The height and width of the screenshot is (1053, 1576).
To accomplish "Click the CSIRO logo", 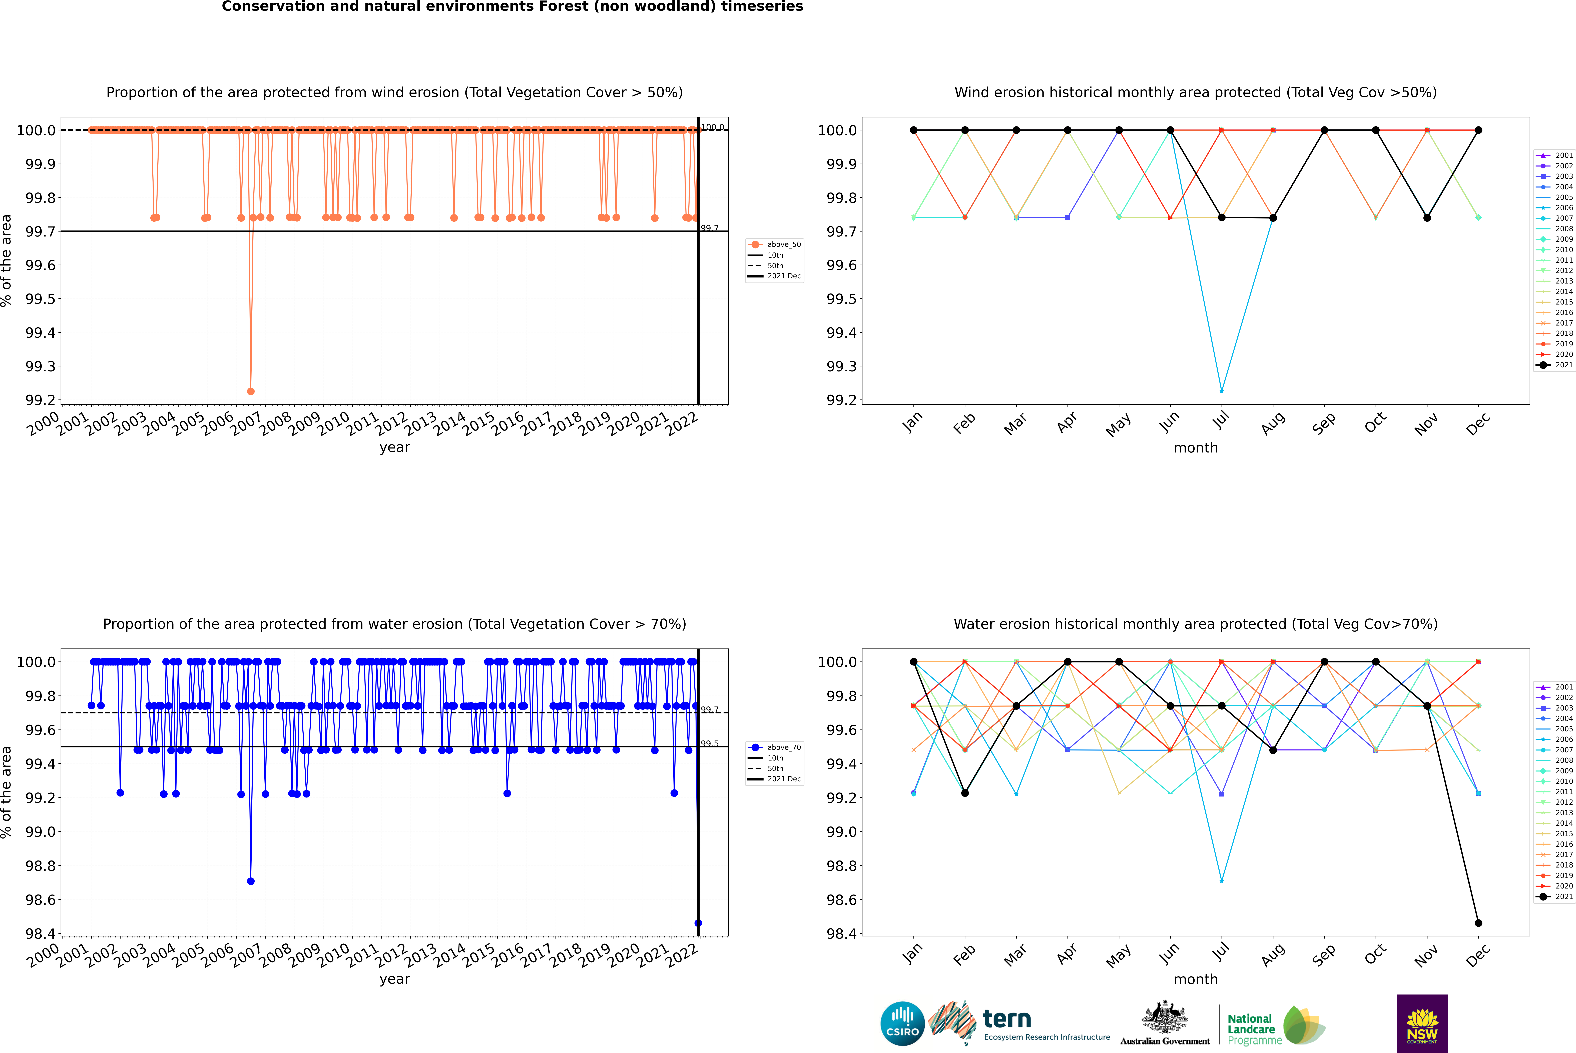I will click(902, 1023).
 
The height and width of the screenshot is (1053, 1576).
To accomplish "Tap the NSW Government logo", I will click(1422, 1023).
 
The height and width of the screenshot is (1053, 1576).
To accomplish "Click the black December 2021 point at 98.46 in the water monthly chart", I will click(1478, 923).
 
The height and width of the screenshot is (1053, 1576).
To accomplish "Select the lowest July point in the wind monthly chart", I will click(1221, 391).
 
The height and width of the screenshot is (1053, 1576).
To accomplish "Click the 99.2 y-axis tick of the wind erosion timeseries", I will click(40, 400).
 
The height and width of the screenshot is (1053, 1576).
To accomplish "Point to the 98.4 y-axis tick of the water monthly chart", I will click(841, 933).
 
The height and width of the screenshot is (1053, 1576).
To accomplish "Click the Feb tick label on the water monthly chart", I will click(964, 955).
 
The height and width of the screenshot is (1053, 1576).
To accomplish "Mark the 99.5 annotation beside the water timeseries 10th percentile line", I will click(709, 743).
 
